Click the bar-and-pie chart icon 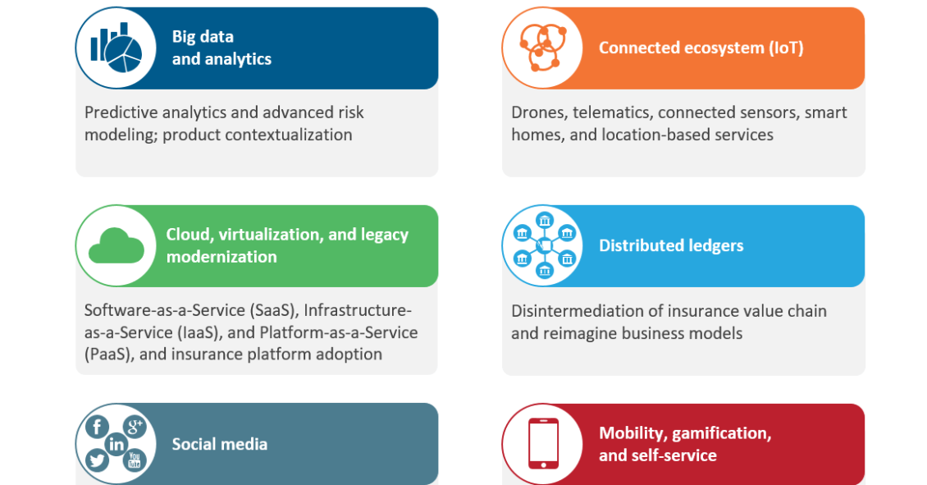[x=116, y=48]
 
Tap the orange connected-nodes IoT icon [x=543, y=48]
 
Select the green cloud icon [x=116, y=246]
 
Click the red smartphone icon [x=543, y=444]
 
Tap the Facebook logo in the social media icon [x=97, y=427]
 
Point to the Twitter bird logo [x=96, y=460]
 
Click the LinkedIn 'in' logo [x=116, y=444]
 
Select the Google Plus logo [x=135, y=425]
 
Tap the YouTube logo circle [x=135, y=460]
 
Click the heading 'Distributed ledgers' [x=671, y=245]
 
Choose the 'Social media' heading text [x=219, y=444]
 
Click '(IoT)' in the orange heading [x=786, y=48]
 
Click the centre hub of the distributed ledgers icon [x=545, y=245]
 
